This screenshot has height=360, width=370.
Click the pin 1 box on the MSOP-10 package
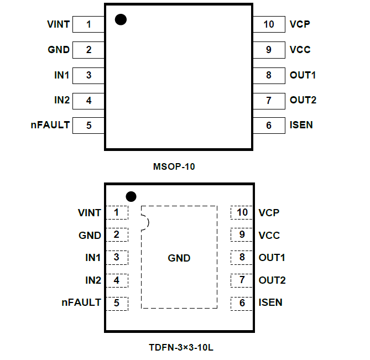(x=88, y=24)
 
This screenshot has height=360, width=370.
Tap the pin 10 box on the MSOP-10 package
(x=269, y=24)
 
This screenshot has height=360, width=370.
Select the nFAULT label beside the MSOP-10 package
(x=50, y=125)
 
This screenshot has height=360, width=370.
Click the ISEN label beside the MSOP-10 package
(x=301, y=125)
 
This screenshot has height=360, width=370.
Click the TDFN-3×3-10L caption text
(x=179, y=348)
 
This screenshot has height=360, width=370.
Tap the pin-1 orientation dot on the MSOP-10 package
(x=121, y=19)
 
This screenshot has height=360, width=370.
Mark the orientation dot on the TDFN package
(x=131, y=196)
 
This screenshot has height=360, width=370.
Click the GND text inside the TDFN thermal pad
(x=179, y=258)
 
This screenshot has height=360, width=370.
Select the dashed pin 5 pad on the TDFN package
(x=117, y=303)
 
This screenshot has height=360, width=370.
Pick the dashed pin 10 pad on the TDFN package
(x=242, y=212)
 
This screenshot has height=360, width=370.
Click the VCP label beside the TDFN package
(x=269, y=212)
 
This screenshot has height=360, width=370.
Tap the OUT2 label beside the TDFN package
(x=272, y=280)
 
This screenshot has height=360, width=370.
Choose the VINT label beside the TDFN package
(x=90, y=212)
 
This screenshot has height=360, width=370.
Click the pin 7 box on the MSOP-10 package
(x=269, y=100)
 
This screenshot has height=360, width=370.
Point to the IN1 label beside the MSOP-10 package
(x=62, y=75)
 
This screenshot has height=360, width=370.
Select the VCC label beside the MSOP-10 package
(x=300, y=50)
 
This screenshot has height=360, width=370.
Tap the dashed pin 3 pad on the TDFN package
(x=117, y=257)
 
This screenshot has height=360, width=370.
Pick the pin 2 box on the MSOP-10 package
(x=88, y=50)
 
